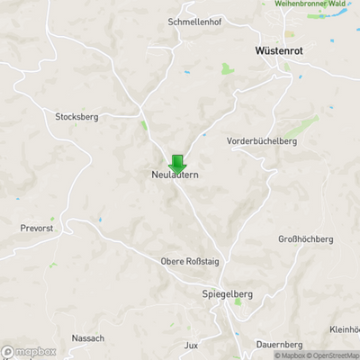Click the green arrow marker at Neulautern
[177, 164]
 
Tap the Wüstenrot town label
[278, 51]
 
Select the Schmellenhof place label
[194, 22]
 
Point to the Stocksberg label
[76, 117]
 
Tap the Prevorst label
[36, 229]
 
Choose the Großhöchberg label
[306, 239]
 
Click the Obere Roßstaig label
[189, 261]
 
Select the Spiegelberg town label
[227, 293]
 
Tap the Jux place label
[190, 345]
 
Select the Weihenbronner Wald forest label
[315, 4]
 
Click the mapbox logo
[29, 352]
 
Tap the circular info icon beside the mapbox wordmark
[8, 352]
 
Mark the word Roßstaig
[202, 261]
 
